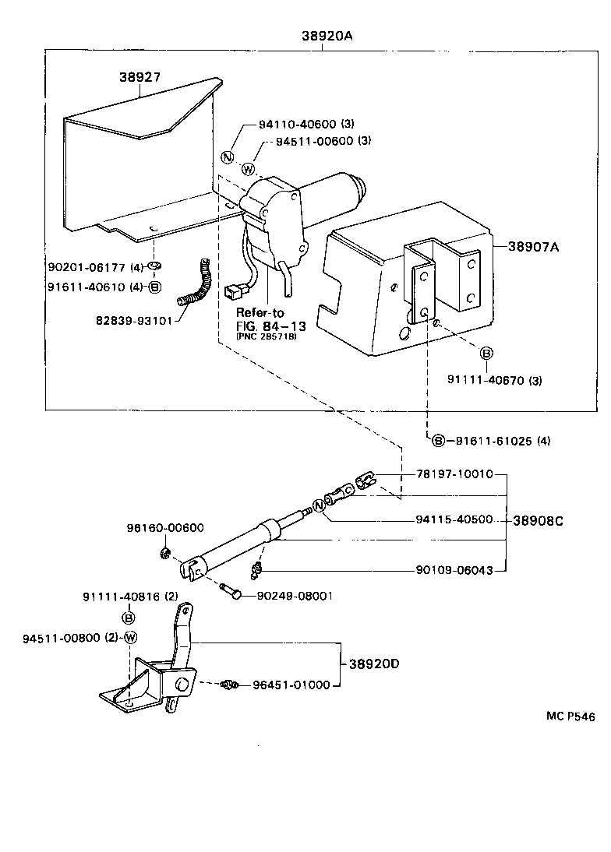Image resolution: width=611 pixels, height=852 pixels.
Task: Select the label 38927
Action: [x=140, y=77]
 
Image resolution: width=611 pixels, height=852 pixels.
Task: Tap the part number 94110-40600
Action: [x=295, y=124]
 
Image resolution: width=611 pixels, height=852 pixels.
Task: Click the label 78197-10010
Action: [x=448, y=474]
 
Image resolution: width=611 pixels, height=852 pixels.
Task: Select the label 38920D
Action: [x=373, y=664]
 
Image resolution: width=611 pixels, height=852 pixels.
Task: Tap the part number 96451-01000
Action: [x=291, y=685]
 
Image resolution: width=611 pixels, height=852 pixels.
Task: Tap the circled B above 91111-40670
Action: [x=486, y=354]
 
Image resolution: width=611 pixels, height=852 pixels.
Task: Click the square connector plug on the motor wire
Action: [x=230, y=295]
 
